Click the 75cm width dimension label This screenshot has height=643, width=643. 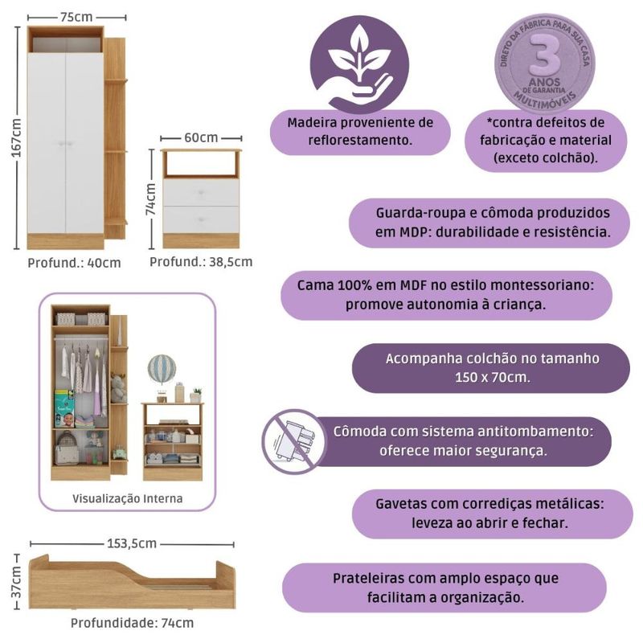click(76, 16)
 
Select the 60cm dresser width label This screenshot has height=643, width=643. click(201, 137)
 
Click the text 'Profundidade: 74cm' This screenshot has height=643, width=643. click(132, 622)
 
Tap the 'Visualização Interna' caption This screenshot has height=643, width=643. click(128, 498)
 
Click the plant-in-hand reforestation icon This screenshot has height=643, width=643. click(359, 64)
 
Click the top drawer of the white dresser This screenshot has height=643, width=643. click(201, 191)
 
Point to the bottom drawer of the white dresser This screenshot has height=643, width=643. click(201, 219)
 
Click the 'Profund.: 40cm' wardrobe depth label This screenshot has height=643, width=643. click(75, 262)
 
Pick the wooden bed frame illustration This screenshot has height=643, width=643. click(132, 580)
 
